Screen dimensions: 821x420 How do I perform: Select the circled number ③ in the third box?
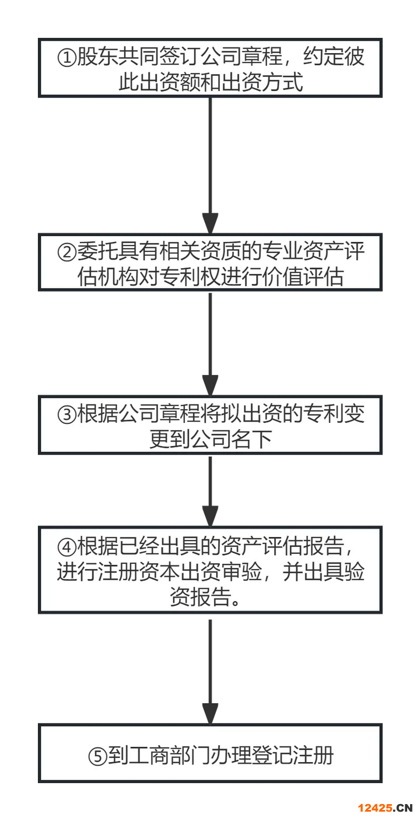[x=66, y=415]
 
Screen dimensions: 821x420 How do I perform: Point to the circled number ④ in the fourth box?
[x=66, y=547]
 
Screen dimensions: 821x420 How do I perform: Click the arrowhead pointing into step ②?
[x=210, y=223]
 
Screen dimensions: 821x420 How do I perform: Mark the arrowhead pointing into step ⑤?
[x=210, y=714]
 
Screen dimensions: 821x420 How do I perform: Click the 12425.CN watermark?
[x=385, y=808]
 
